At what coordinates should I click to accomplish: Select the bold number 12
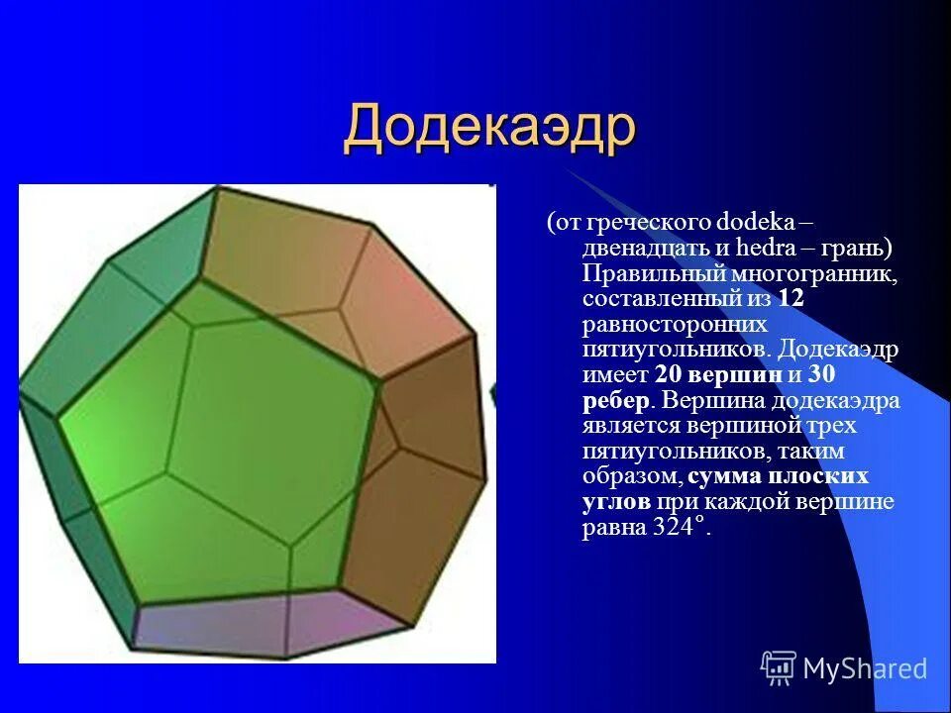(790, 298)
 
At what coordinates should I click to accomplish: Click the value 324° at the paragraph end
(682, 528)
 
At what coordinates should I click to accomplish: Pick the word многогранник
(814, 273)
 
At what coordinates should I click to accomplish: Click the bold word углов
(615, 502)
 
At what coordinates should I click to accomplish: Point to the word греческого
(647, 222)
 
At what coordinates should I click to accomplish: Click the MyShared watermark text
(865, 668)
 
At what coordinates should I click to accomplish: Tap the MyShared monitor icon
(779, 666)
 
